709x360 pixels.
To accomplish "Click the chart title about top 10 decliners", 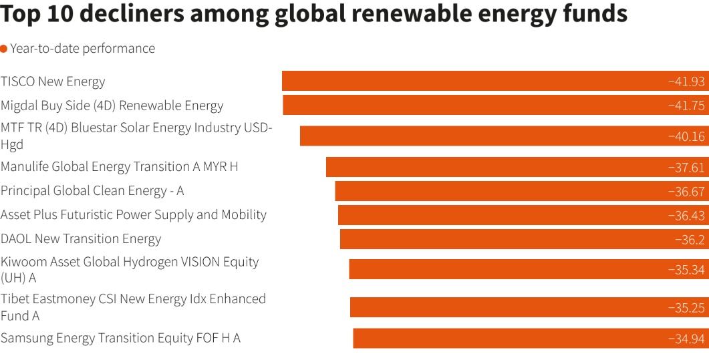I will coord(314,15).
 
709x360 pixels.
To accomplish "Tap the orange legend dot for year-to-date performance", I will coord(4,49).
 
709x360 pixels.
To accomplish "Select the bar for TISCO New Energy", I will coord(468,81).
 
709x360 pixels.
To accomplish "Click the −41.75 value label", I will coord(686,106).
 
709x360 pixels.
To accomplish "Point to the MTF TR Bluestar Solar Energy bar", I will coord(481,136).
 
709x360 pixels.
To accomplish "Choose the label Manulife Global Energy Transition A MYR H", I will coord(119,166).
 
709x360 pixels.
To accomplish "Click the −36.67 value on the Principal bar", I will coord(686,191).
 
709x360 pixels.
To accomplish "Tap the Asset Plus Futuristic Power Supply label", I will coord(134,214).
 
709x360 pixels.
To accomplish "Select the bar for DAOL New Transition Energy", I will coord(501,239).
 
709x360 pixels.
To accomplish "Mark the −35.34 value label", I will coord(686,269).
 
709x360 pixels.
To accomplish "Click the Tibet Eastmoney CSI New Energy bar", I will coord(508,307).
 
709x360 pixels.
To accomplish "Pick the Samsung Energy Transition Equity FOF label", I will coord(120,338).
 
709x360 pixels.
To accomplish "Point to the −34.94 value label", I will coord(686,339).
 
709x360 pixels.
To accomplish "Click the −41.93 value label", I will coord(686,81).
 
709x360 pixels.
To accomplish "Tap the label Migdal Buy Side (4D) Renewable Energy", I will coord(112,106).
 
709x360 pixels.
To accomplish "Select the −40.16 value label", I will coord(686,136).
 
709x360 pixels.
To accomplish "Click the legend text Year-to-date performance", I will coord(82,49).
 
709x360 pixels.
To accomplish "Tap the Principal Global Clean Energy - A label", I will coord(92,190).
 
